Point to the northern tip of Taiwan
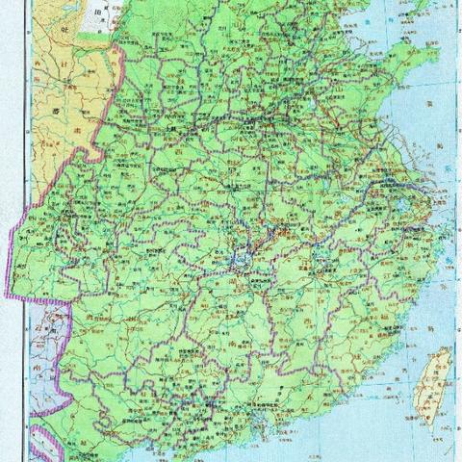coord(445,350)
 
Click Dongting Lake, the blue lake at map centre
coord(246,258)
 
